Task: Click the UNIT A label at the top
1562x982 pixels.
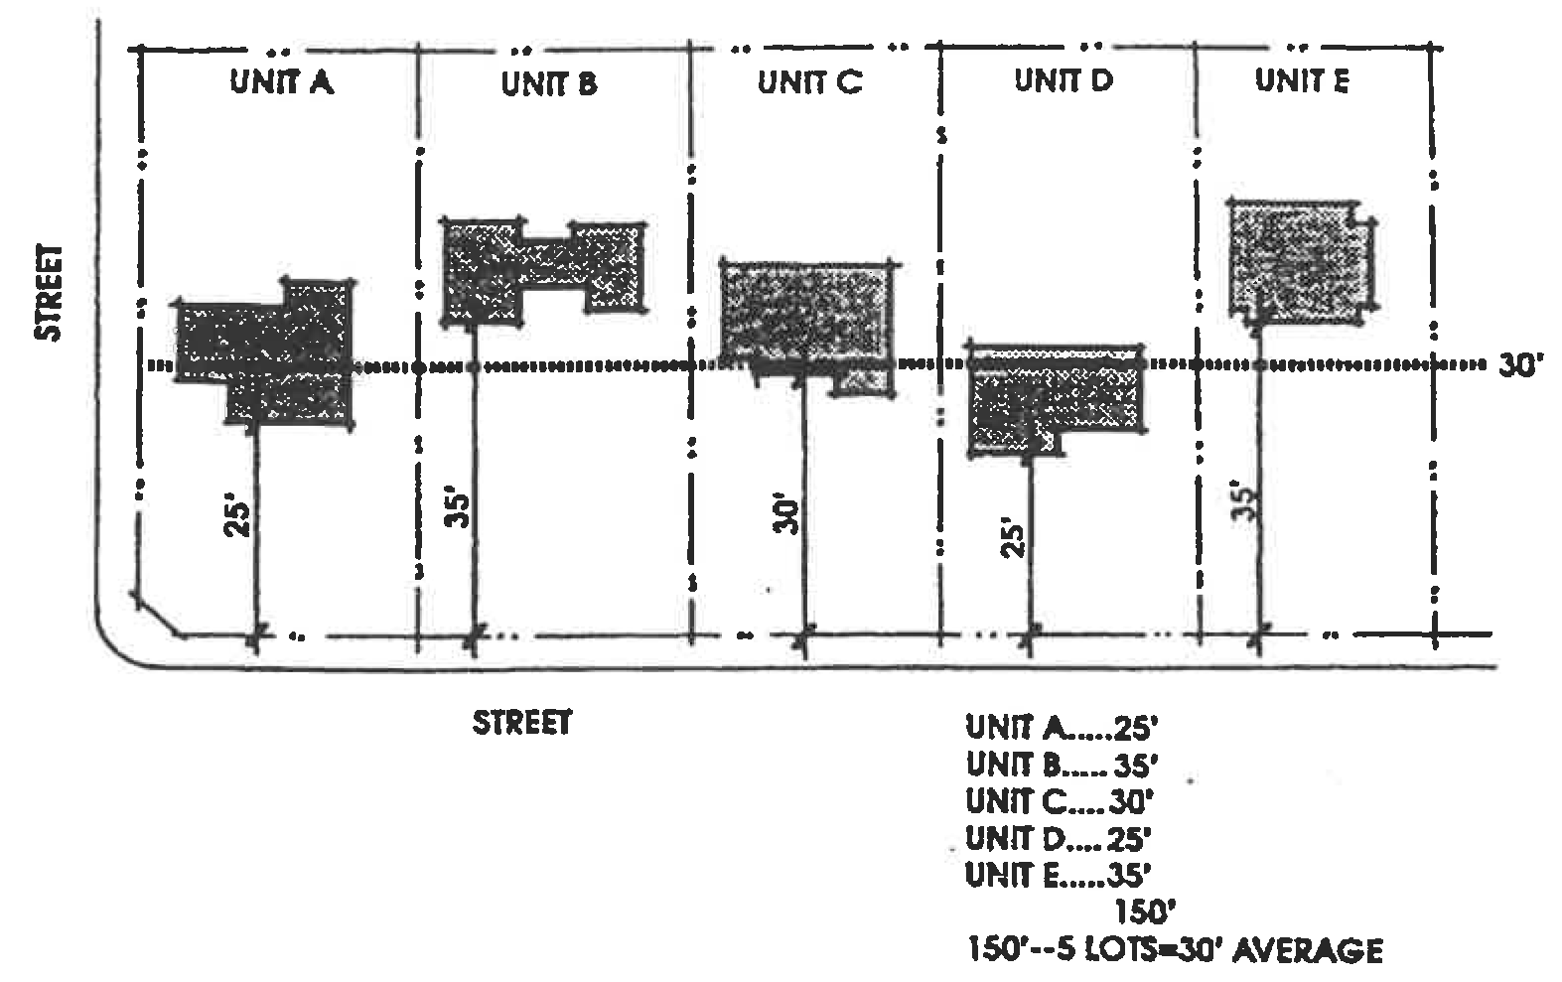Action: point(281,81)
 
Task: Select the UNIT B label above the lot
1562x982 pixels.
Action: point(548,84)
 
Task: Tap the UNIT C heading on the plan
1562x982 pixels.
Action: point(809,81)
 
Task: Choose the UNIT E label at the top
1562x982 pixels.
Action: point(1302,80)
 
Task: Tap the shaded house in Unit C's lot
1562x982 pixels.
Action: point(804,313)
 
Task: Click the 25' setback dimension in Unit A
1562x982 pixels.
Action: point(236,518)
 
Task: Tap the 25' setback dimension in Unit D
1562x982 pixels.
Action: point(1011,536)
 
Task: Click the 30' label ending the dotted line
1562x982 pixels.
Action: point(1520,366)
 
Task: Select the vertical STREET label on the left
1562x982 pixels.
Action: point(49,292)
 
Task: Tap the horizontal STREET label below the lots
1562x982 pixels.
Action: point(522,722)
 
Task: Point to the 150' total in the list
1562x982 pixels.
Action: point(1140,912)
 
